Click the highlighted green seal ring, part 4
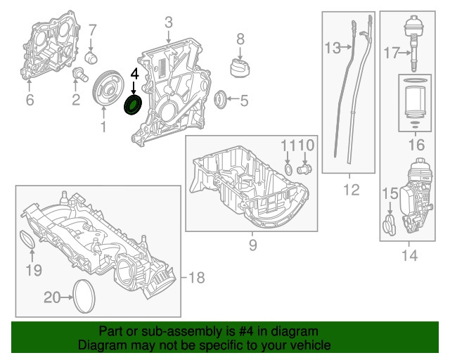(132, 105)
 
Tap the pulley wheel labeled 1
(107, 89)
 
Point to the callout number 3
(169, 24)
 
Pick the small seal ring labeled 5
(30, 100)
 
